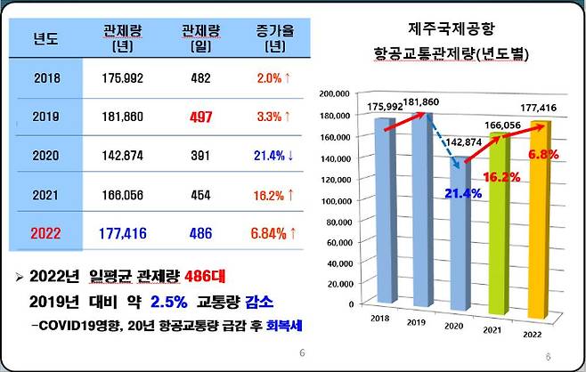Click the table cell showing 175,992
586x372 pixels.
tap(122, 77)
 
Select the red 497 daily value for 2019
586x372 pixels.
tap(200, 117)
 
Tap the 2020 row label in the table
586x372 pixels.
tap(45, 156)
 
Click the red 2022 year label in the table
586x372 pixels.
tap(45, 233)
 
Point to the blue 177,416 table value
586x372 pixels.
tap(122, 233)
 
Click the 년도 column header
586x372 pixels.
tap(44, 37)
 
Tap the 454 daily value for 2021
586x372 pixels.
tap(200, 194)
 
